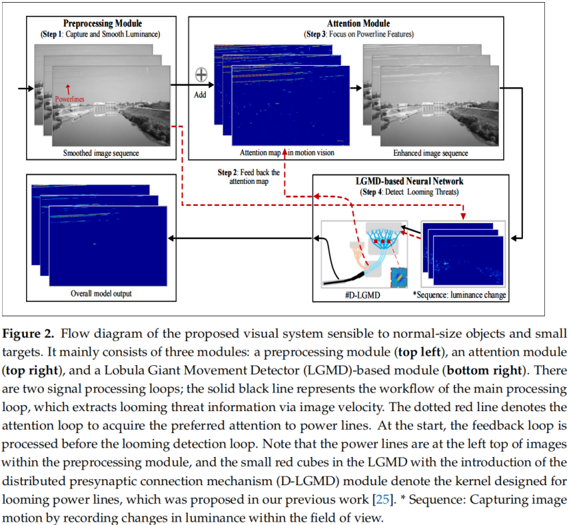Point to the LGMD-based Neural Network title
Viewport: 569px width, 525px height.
[410, 181]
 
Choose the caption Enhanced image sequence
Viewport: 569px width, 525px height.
[431, 153]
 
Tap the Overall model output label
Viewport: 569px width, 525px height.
[101, 294]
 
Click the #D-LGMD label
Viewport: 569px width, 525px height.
[361, 294]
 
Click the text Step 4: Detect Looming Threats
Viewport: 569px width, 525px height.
[410, 191]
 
